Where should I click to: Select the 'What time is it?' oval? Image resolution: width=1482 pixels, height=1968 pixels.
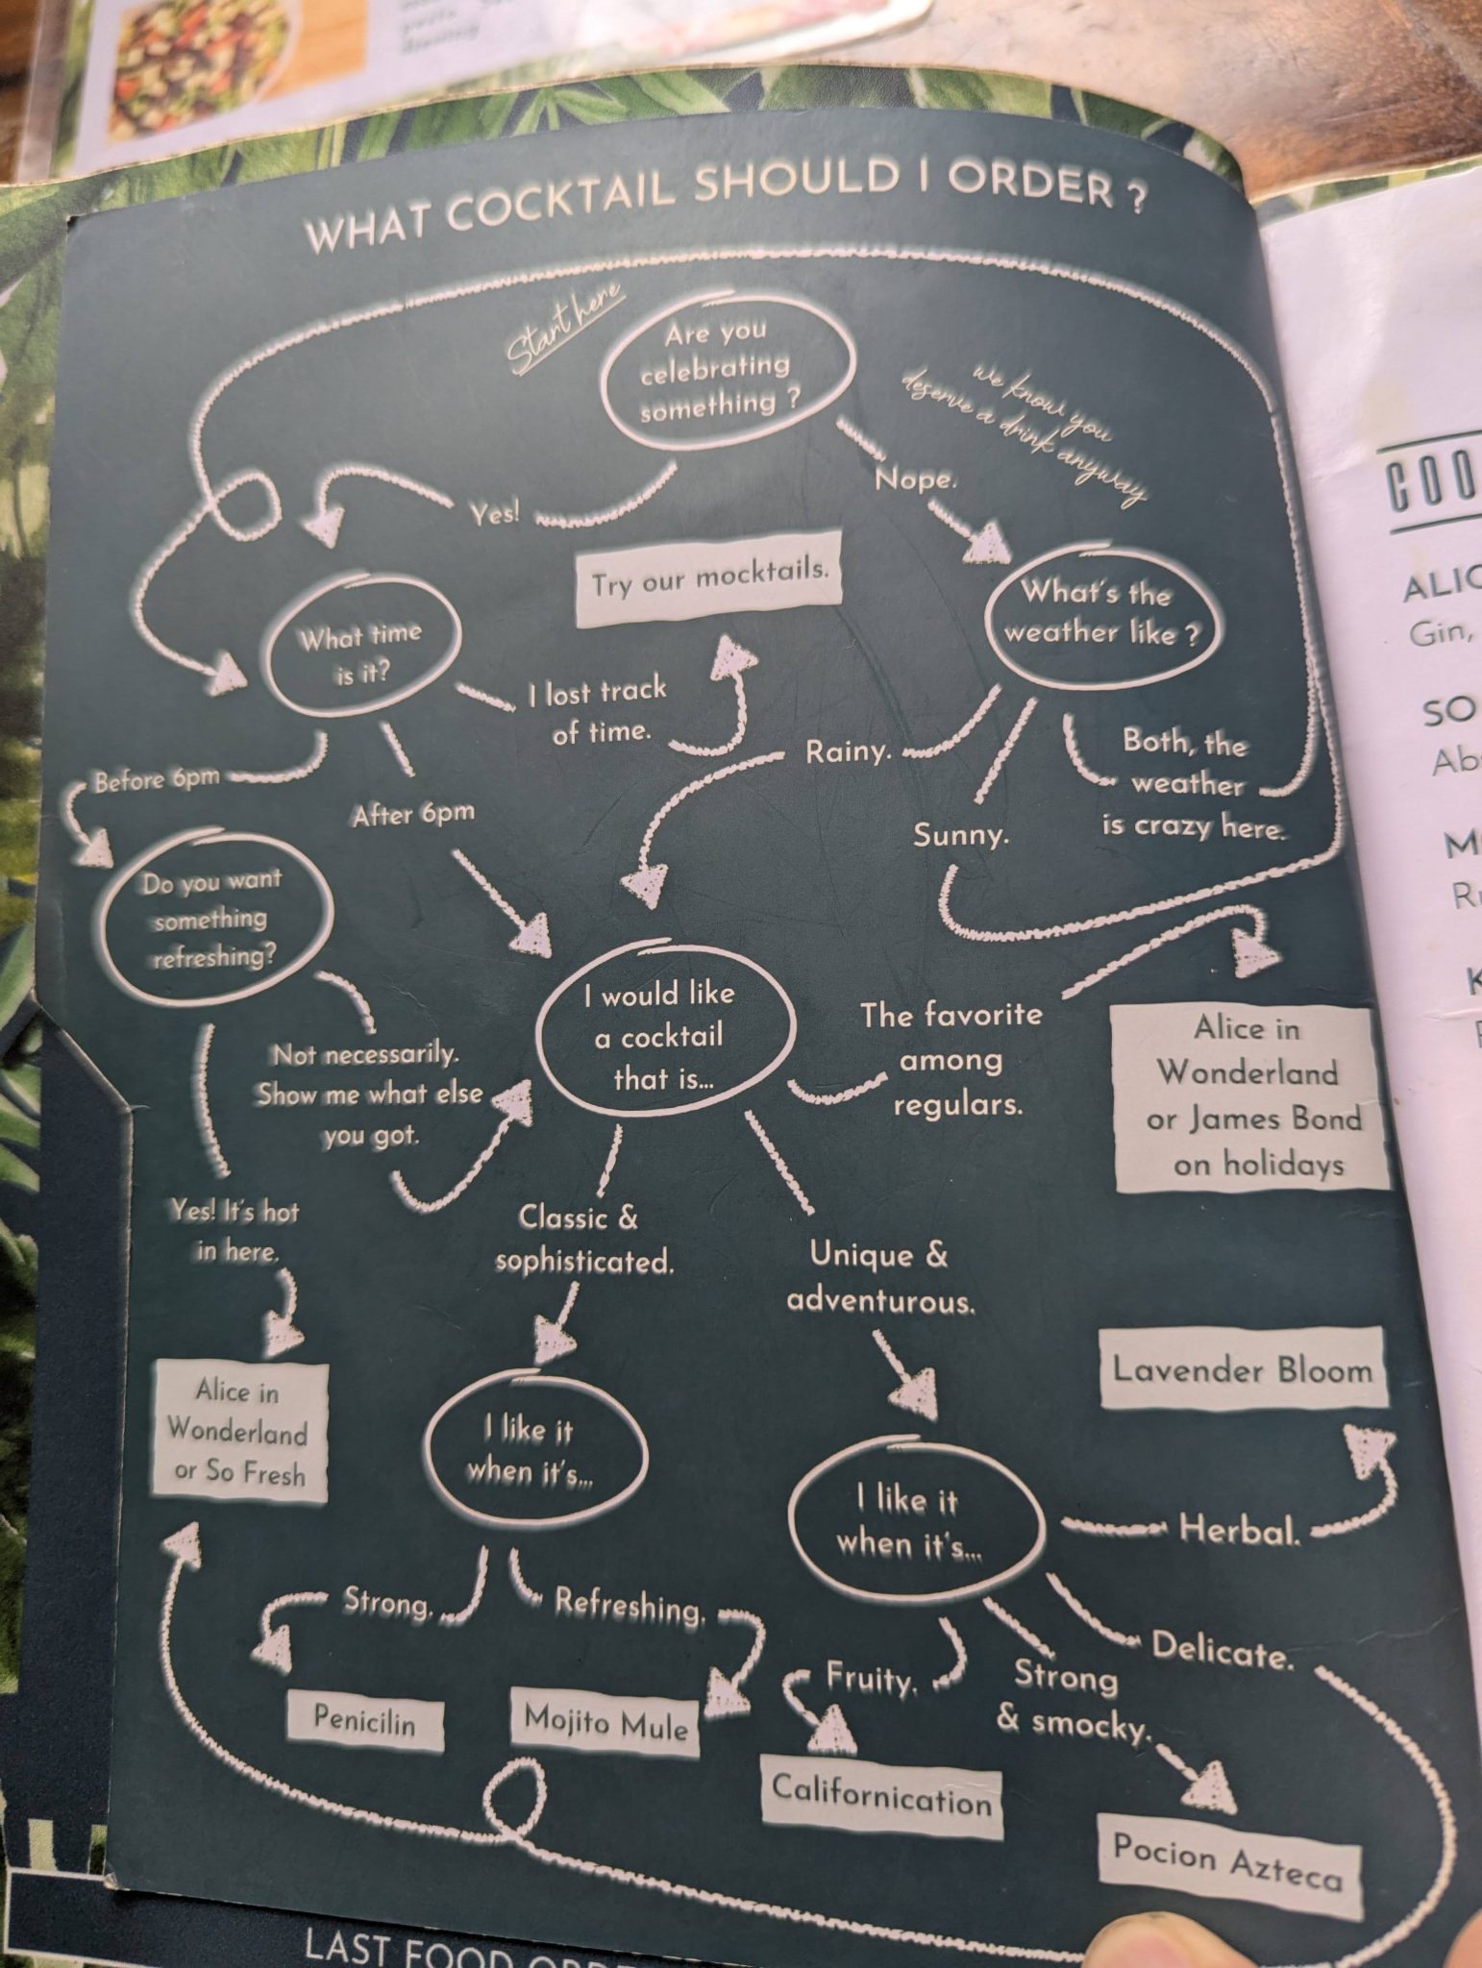[x=360, y=652]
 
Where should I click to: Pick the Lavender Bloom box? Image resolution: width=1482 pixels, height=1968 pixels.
[x=1243, y=1368]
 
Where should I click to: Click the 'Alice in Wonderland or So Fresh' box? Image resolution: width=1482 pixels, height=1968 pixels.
[x=239, y=1432]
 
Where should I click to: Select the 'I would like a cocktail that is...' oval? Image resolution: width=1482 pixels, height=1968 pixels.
[x=663, y=1036]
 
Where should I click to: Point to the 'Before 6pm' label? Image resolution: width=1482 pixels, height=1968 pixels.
[x=157, y=779]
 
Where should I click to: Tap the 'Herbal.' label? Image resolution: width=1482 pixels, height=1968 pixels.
[x=1240, y=1529]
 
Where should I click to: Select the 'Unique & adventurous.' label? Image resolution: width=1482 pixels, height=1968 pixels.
[x=880, y=1278]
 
